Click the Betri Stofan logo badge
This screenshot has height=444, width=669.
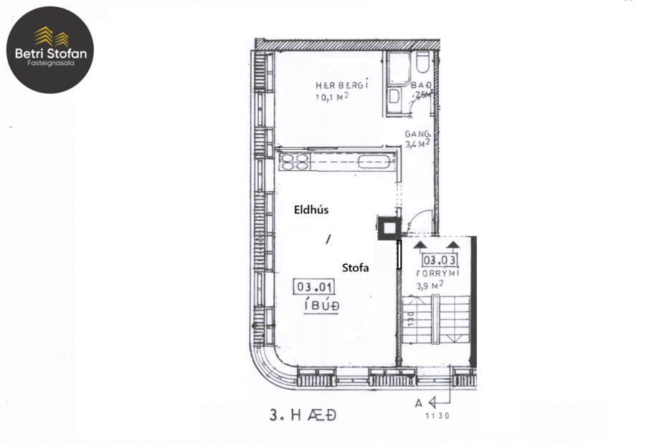[50, 49]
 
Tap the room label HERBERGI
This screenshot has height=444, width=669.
[342, 84]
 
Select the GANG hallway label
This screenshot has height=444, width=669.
[417, 134]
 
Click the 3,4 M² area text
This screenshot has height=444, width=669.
[417, 144]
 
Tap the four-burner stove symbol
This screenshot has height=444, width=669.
[294, 161]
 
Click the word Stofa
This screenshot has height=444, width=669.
[355, 268]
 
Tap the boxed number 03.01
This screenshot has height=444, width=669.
[314, 288]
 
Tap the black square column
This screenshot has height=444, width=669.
[388, 228]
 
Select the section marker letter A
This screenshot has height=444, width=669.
[419, 403]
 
